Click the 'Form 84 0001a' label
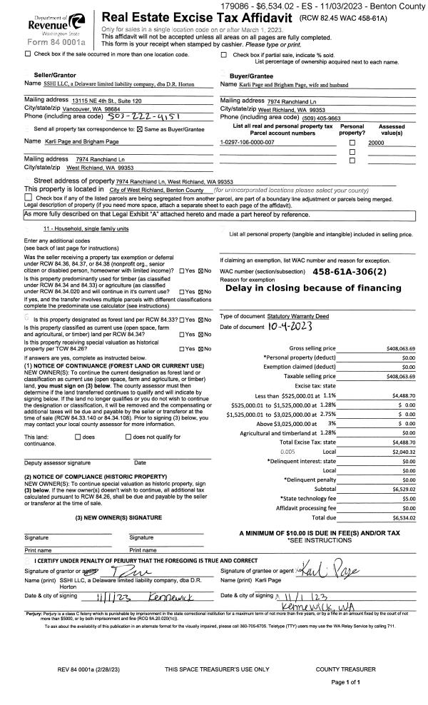coord(47,42)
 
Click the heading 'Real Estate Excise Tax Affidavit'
coord(198,16)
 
